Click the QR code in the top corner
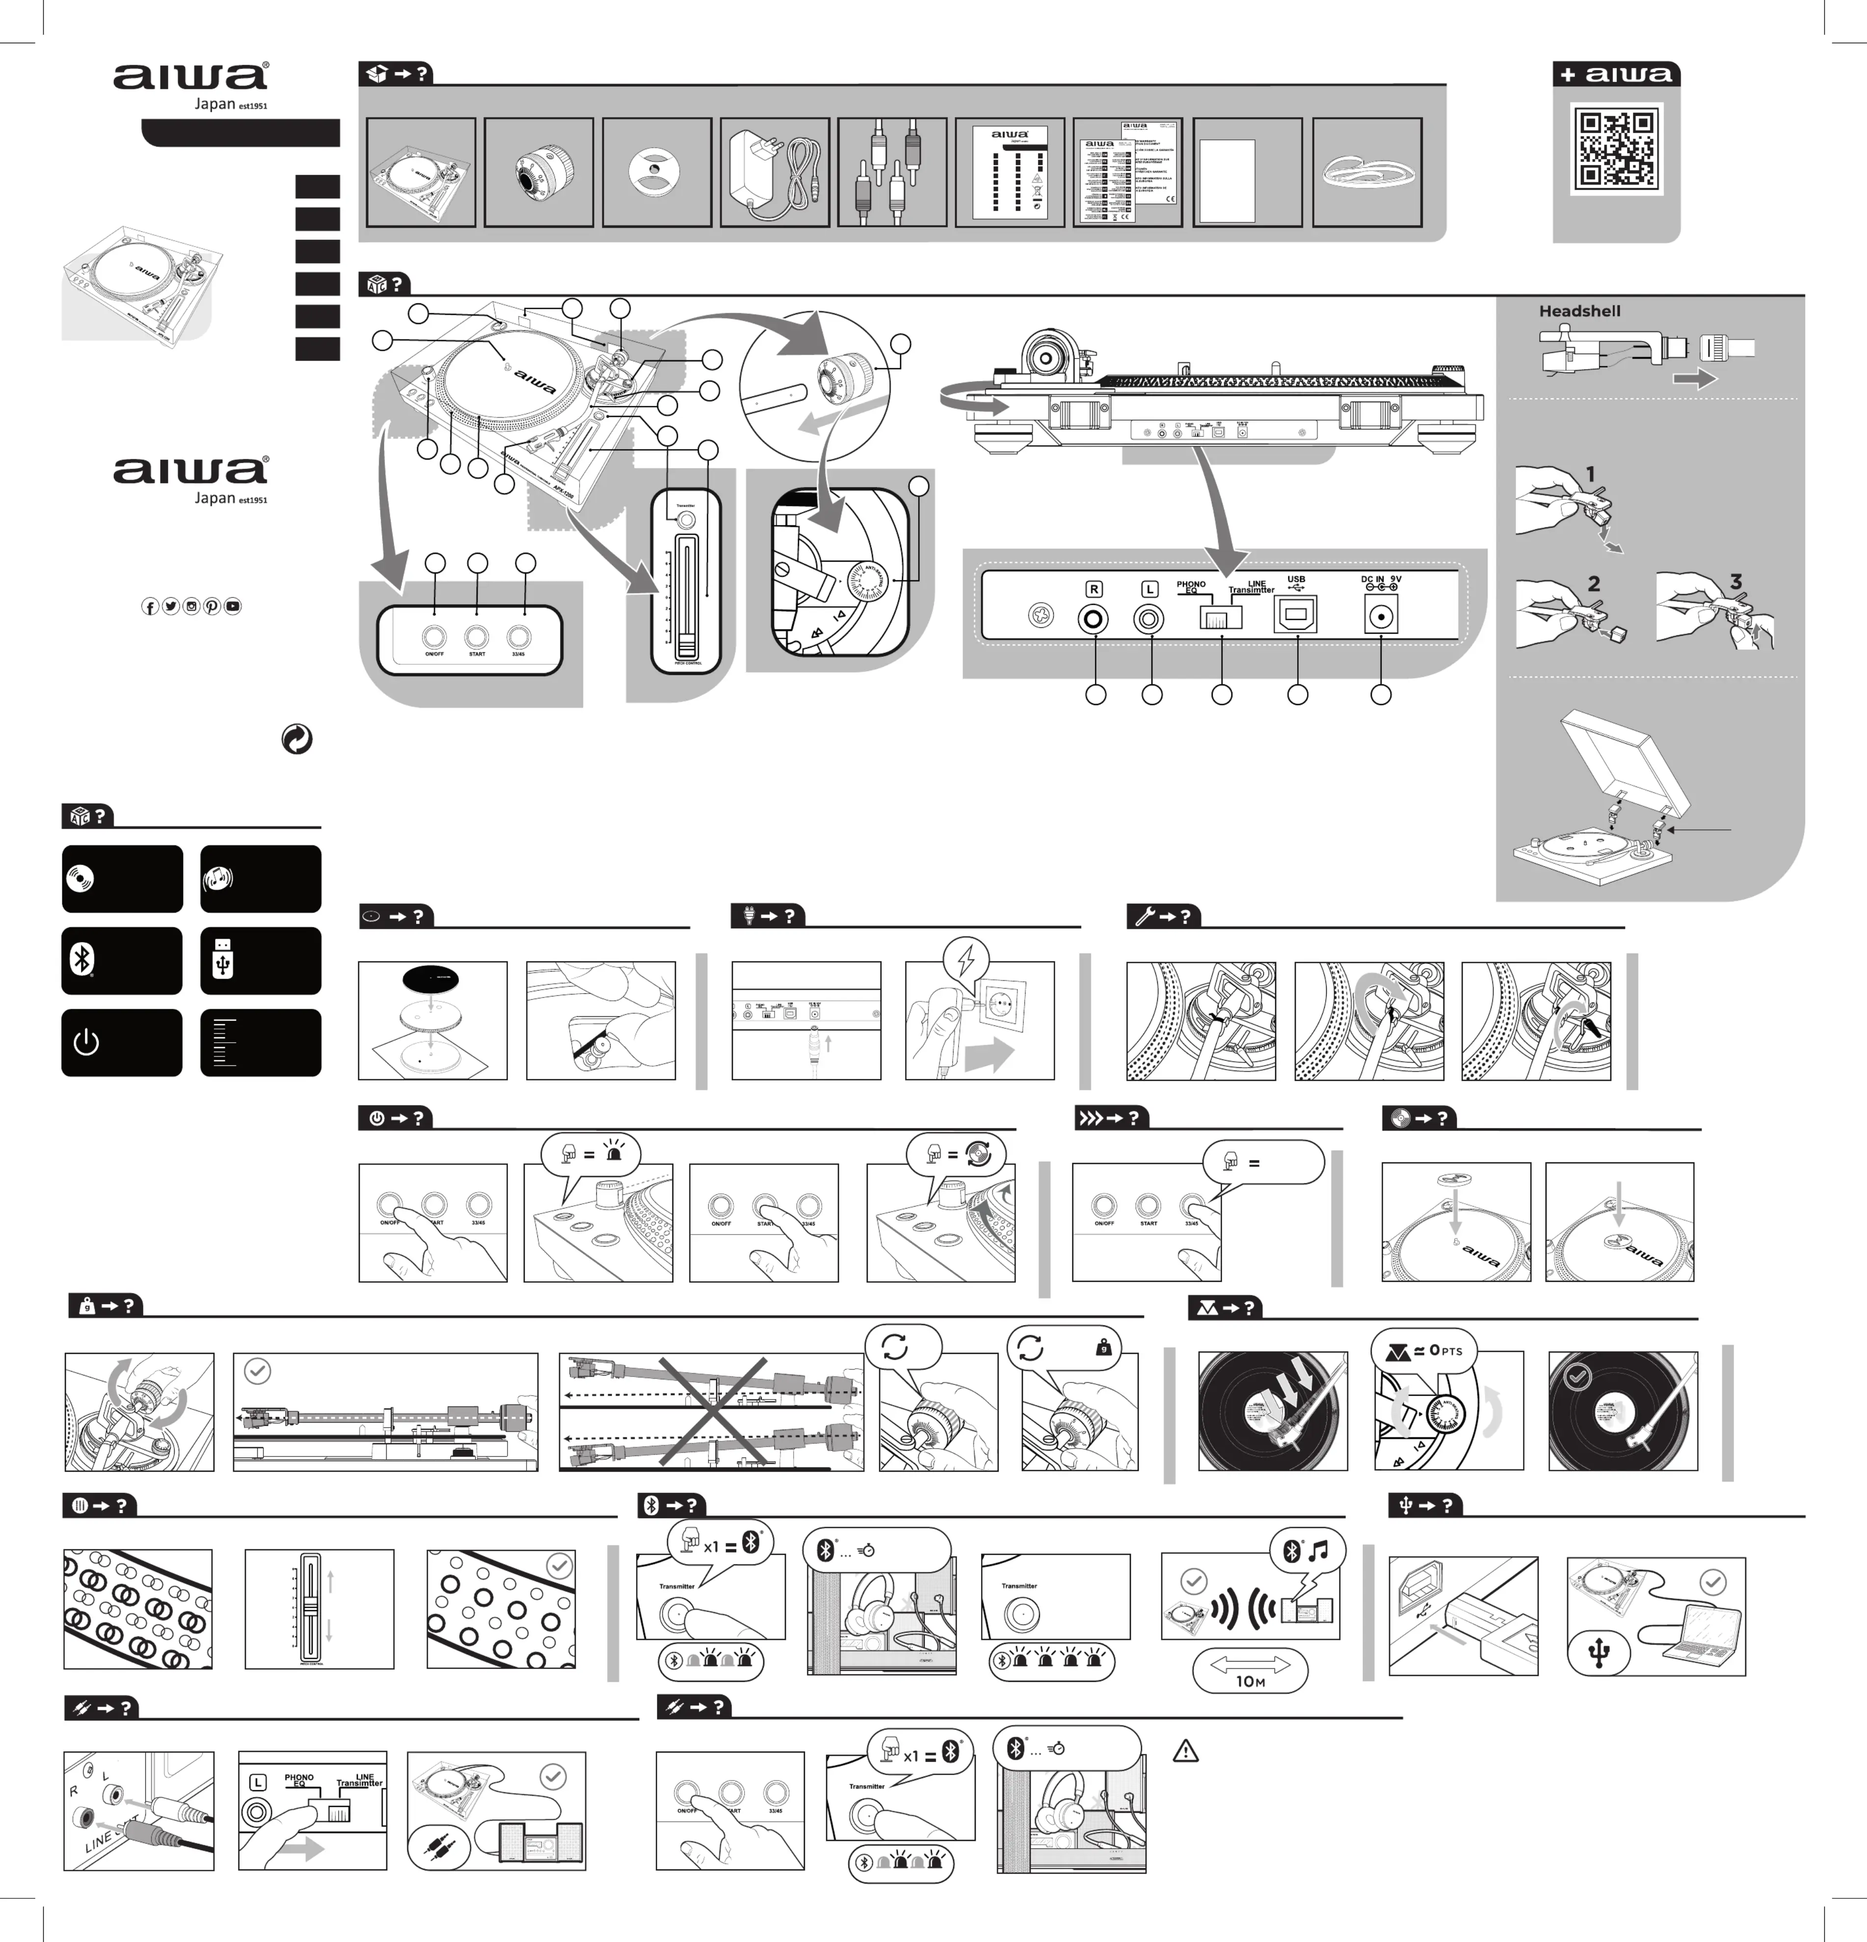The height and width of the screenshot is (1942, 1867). pyautogui.click(x=1615, y=150)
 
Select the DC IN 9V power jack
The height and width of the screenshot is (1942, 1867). pyautogui.click(x=1381, y=617)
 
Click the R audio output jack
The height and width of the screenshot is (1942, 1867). pyautogui.click(x=1094, y=619)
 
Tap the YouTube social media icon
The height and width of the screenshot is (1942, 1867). pyautogui.click(x=233, y=606)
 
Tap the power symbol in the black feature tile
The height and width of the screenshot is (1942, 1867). pyautogui.click(x=86, y=1042)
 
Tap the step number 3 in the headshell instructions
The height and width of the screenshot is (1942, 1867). pyautogui.click(x=1735, y=582)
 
